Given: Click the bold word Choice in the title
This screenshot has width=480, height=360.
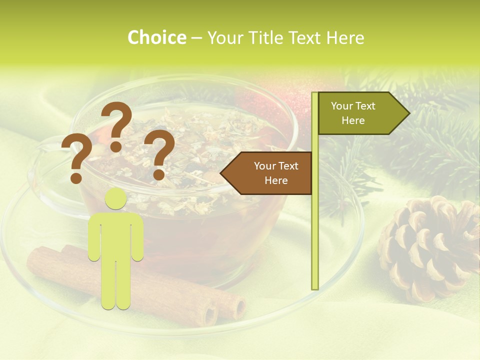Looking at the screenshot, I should pos(156,38).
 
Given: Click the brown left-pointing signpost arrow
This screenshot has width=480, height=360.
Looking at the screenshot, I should pos(270,173).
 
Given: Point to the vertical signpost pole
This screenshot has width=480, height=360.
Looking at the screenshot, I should pos(315,225).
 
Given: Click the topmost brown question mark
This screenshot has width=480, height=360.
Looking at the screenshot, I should pos(117,125).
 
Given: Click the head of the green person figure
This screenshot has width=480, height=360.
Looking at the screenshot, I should pos(116,198).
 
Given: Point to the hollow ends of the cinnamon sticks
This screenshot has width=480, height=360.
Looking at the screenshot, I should pos(225,310).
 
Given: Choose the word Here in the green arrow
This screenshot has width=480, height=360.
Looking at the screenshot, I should pos(353,120).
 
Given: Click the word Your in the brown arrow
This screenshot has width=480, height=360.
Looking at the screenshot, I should pos(265,166).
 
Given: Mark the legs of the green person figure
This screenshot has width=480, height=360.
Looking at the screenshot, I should pos(116,285).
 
